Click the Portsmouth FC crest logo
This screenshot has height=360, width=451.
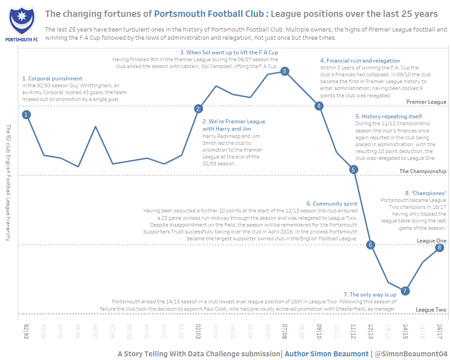point(21,23)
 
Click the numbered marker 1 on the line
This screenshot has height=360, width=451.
point(26,115)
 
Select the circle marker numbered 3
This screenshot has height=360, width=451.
point(284,71)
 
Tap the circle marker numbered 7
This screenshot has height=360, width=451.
point(405,291)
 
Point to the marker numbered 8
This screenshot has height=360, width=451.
point(439,248)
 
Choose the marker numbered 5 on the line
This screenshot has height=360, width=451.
point(353,169)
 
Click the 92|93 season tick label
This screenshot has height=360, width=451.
point(26,332)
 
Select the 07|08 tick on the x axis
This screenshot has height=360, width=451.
point(284,332)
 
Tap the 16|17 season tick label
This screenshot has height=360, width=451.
point(439,332)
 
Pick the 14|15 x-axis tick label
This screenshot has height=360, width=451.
point(405,332)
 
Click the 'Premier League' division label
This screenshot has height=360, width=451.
point(426,102)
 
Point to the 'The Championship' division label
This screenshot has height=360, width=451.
point(423,171)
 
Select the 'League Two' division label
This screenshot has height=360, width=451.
point(431,310)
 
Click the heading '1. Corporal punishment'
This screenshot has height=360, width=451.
point(52,79)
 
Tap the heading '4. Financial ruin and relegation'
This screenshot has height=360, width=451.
point(360,61)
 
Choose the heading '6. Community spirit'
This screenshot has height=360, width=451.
point(332,204)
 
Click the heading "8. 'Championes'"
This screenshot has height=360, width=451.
point(425,193)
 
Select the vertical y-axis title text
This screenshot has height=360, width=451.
point(8,183)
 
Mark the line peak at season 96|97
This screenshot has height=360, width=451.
point(95,127)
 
